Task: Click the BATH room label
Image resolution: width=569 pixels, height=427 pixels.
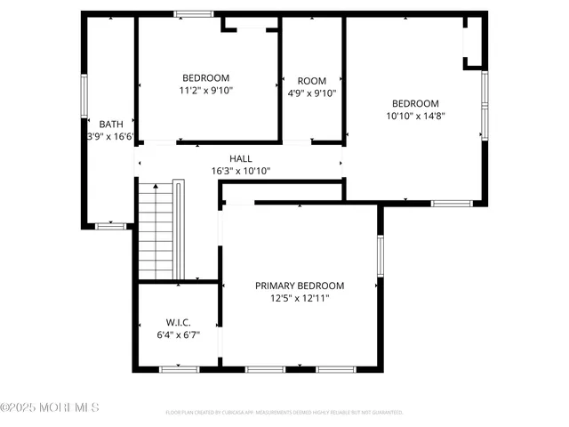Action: click(x=111, y=124)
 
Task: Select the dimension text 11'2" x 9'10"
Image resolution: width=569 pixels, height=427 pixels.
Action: click(x=206, y=90)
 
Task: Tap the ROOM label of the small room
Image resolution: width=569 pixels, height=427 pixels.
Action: click(x=312, y=80)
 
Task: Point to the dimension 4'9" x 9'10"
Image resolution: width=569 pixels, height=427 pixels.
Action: click(x=312, y=93)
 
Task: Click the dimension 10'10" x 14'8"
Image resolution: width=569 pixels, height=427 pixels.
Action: click(x=415, y=115)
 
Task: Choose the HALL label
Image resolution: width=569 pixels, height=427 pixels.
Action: click(x=240, y=158)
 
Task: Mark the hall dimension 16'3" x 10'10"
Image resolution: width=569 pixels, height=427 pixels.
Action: click(x=240, y=171)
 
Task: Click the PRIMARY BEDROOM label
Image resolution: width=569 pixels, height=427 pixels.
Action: click(x=300, y=286)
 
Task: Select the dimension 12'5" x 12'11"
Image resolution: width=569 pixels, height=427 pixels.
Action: click(x=300, y=299)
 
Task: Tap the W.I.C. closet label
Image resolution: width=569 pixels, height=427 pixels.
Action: click(x=178, y=322)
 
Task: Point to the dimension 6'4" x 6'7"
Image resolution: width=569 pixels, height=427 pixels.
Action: click(x=178, y=335)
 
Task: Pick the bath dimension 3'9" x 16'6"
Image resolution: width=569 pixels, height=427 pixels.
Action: click(x=111, y=137)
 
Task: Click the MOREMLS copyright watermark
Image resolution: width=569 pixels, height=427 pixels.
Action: click(x=50, y=407)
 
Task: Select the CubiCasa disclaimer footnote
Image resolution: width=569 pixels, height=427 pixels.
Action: click(x=284, y=413)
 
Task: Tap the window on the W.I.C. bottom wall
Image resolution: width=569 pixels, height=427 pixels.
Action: click(x=178, y=368)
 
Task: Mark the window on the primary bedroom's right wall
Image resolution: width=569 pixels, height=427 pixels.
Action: click(x=380, y=254)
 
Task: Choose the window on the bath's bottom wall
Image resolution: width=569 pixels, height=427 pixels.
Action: click(x=111, y=226)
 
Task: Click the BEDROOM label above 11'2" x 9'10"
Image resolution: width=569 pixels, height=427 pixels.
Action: click(x=206, y=77)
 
